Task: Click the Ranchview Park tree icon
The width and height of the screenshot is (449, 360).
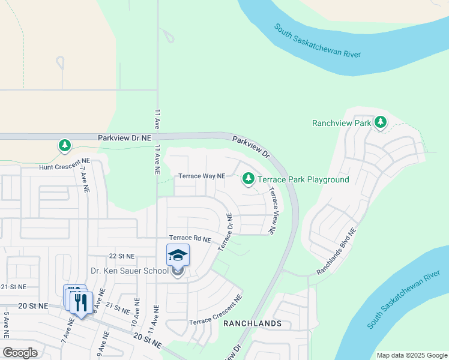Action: pyautogui.click(x=380, y=122)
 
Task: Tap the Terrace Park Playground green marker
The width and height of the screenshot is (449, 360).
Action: pyautogui.click(x=248, y=179)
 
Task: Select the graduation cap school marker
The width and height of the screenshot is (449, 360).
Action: pyautogui.click(x=178, y=256)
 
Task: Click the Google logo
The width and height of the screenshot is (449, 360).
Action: pyautogui.click(x=21, y=353)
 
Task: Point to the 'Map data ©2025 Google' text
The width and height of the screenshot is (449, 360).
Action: pyautogui.click(x=411, y=355)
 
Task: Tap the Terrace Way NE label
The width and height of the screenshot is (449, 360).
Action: pyautogui.click(x=202, y=176)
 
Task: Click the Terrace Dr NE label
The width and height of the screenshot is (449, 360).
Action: pyautogui.click(x=224, y=232)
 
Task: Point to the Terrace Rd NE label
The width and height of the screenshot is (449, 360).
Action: pyautogui.click(x=190, y=239)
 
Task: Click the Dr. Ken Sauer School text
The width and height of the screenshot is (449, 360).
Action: pyautogui.click(x=129, y=271)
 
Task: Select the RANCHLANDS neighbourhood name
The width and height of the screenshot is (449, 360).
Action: pyautogui.click(x=252, y=323)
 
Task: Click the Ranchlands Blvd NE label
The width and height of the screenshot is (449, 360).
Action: pyautogui.click(x=336, y=251)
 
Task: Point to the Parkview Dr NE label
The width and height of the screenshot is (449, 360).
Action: pyautogui.click(x=124, y=138)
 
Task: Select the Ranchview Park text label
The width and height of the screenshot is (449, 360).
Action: pyautogui.click(x=342, y=123)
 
